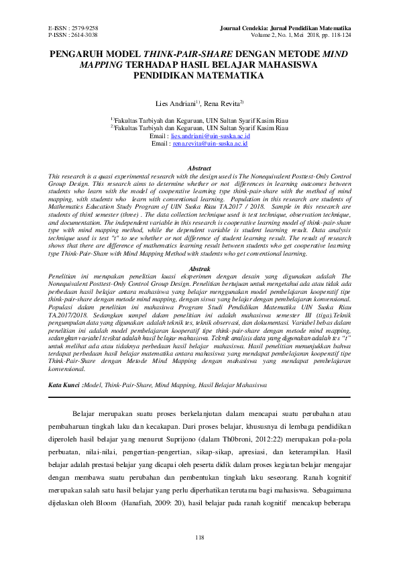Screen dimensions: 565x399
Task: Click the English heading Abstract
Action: (199, 168)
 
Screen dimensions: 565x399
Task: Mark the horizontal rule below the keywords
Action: (199, 398)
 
